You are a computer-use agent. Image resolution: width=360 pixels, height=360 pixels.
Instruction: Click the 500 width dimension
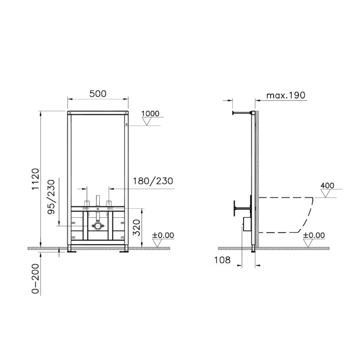click(x=98, y=94)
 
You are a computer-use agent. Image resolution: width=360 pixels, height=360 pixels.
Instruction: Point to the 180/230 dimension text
click(x=153, y=181)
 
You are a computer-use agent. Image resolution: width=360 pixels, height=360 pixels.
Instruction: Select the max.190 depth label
click(x=285, y=95)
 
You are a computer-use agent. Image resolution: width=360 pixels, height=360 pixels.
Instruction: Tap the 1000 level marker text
click(x=150, y=113)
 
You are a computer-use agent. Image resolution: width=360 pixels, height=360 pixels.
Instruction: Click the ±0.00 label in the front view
click(x=163, y=235)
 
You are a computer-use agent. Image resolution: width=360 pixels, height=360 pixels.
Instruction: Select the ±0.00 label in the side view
click(x=314, y=235)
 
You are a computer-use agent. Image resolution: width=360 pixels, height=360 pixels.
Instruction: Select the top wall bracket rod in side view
click(x=243, y=113)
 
